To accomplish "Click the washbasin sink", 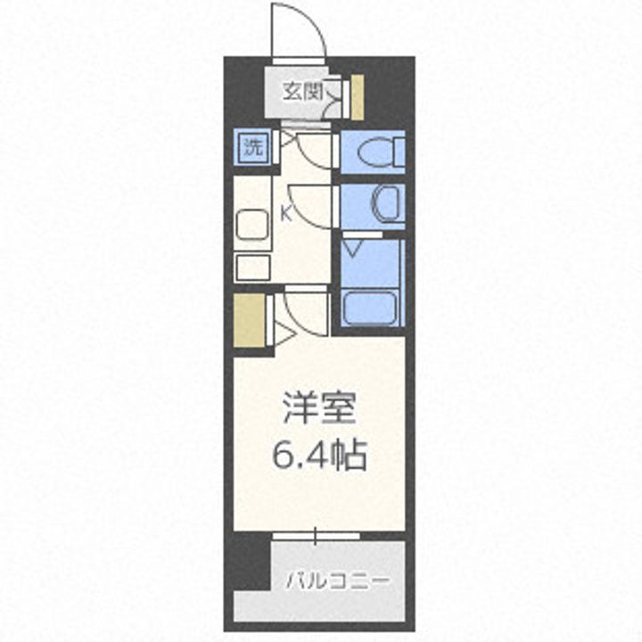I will point(389,204).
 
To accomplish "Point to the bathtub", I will point(369,308).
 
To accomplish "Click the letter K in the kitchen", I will point(286,213).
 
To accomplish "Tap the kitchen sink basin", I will point(253,225).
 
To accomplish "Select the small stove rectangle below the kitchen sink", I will point(252,267).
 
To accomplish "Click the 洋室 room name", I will point(319,409).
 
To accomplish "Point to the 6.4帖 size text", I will point(319,457).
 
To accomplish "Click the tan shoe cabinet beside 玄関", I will point(357,98).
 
